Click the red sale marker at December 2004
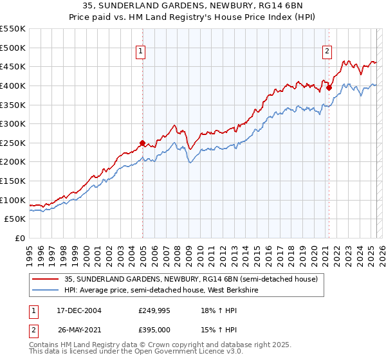pyautogui.click(x=142, y=143)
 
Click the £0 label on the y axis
pyautogui.click(x=19, y=238)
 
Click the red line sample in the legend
pyautogui.click(x=46, y=280)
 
